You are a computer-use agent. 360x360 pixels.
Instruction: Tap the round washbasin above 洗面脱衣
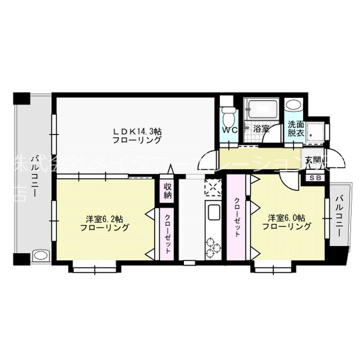pos(293,106)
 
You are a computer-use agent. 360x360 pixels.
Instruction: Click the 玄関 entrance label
pos(313,160)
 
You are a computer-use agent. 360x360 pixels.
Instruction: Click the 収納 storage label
pos(168,191)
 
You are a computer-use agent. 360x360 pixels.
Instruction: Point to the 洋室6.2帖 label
pos(105,223)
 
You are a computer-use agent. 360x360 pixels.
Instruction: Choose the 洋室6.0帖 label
pos(286,222)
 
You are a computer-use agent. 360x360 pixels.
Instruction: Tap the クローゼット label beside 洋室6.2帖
pos(168,233)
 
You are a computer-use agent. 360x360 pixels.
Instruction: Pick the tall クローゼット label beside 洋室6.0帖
pos(237,217)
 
